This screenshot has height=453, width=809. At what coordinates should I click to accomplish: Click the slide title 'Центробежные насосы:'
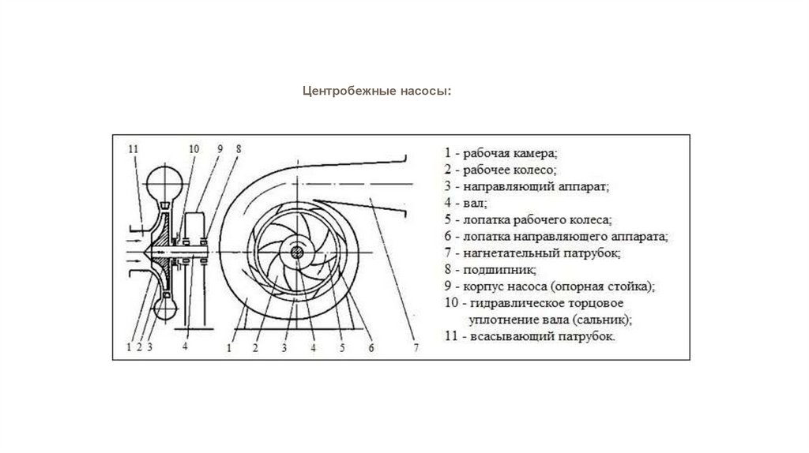click(x=377, y=91)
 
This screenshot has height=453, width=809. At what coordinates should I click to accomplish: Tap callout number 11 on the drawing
click(x=133, y=148)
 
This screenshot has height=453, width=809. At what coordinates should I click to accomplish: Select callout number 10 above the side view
click(x=194, y=148)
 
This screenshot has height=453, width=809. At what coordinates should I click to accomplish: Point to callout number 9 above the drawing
click(x=220, y=148)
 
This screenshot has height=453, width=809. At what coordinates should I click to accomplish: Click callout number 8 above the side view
click(x=238, y=148)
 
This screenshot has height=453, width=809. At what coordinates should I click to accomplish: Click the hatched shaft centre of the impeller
click(x=297, y=253)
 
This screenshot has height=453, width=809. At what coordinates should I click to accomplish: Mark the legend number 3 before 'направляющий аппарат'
click(x=447, y=186)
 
